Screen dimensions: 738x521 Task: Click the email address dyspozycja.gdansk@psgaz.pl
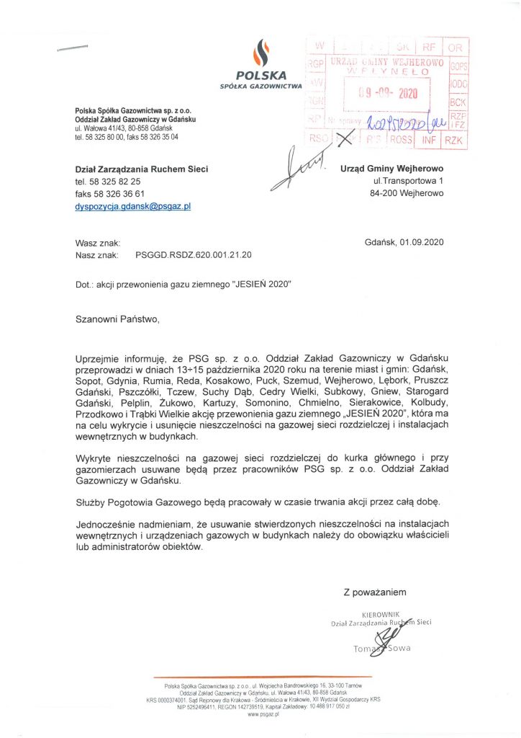[132, 206]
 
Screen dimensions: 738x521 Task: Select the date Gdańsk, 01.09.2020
[405, 242]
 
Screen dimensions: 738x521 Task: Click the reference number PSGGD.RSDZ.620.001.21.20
[194, 255]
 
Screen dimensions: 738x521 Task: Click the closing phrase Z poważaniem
[375, 592]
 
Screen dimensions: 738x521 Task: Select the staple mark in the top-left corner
[72, 48]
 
